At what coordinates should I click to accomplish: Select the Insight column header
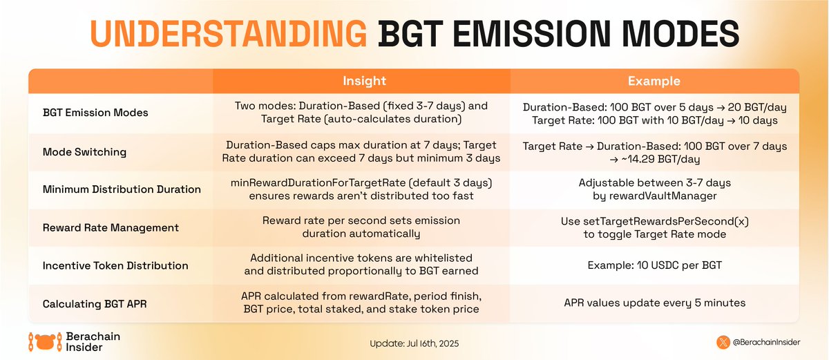tap(364, 82)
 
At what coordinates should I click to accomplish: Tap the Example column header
tap(654, 82)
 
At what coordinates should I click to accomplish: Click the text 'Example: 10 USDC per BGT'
tap(654, 265)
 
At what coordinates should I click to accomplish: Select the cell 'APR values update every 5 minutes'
tap(654, 303)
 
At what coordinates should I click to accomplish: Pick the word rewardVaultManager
tap(663, 196)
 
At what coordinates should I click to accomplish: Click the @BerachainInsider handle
tap(767, 342)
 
